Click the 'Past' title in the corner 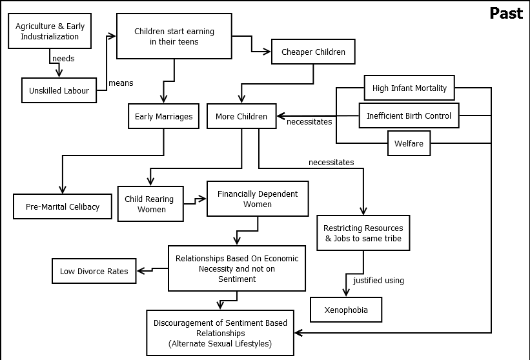pyautogui.click(x=505, y=14)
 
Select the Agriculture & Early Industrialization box pyautogui.click(x=50, y=32)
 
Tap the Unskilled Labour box pyautogui.click(x=59, y=91)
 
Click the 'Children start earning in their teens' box pyautogui.click(x=174, y=36)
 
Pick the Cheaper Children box pyautogui.click(x=313, y=52)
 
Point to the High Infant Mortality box pyautogui.click(x=409, y=88)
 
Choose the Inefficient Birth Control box pyautogui.click(x=409, y=116)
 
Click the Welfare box pyautogui.click(x=409, y=143)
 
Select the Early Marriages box pyautogui.click(x=163, y=117)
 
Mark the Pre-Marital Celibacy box pyautogui.click(x=63, y=206)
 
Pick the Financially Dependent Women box pyautogui.click(x=257, y=199)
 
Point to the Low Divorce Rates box pyautogui.click(x=94, y=272)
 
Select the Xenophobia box pyautogui.click(x=346, y=310)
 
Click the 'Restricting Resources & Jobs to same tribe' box pyautogui.click(x=363, y=233)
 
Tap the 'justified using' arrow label pyautogui.click(x=378, y=280)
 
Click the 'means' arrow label pyautogui.click(x=121, y=83)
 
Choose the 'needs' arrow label pyautogui.click(x=63, y=58)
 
